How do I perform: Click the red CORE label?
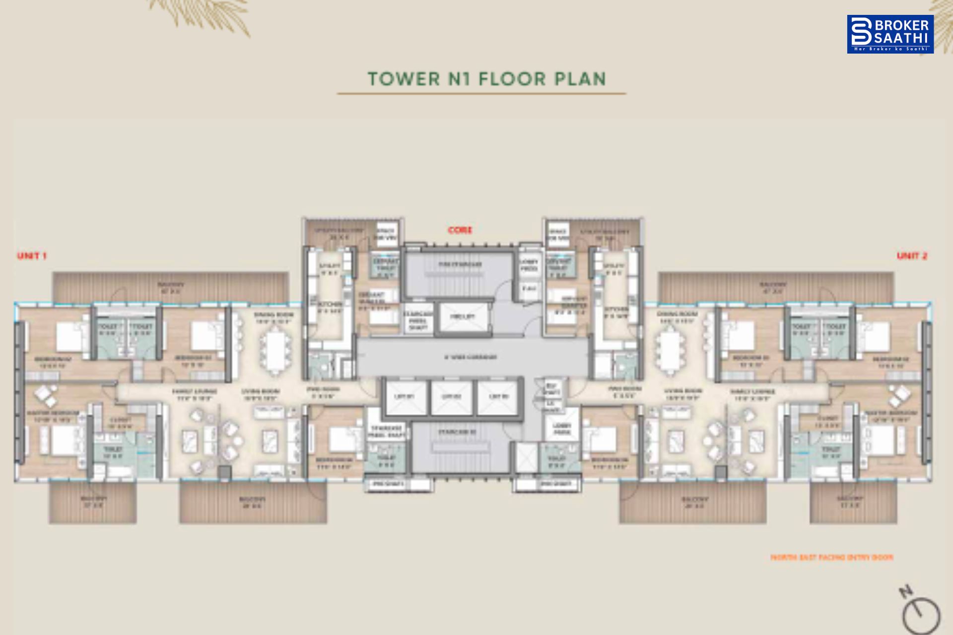click(x=460, y=230)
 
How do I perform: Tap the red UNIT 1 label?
click(x=32, y=256)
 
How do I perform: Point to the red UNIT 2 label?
click(x=912, y=256)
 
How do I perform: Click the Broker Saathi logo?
click(x=890, y=34)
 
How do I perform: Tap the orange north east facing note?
click(x=831, y=558)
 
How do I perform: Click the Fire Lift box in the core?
click(x=463, y=317)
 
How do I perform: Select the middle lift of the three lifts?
click(x=451, y=397)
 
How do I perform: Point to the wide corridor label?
click(x=470, y=357)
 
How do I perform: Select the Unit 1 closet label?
click(x=120, y=423)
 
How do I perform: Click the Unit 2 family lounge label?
click(x=752, y=395)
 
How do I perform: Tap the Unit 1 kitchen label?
click(x=330, y=307)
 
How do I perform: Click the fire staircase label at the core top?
click(x=460, y=265)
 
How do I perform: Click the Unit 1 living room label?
click(x=260, y=394)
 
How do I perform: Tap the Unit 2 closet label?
click(x=826, y=422)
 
